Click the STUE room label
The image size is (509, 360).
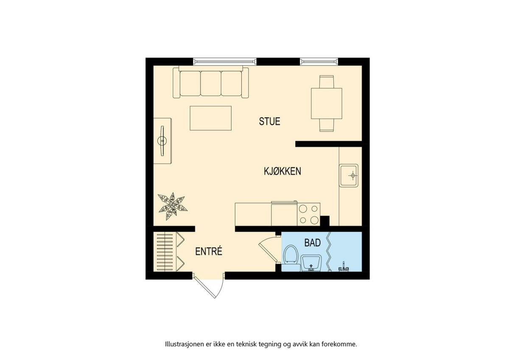coord(269,121)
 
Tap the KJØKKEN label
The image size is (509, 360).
coord(282,171)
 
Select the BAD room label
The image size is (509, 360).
coord(313,243)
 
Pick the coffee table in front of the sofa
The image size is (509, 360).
coord(211,118)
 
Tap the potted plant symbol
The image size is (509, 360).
coord(173,206)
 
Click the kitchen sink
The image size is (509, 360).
coord(349,175)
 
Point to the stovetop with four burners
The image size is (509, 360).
coord(309,214)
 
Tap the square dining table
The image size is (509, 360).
coord(327,104)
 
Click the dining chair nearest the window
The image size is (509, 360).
coord(327,82)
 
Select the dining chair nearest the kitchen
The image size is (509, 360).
coord(327,125)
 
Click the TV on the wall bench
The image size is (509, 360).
coord(162,141)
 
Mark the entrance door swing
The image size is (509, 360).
coord(209,285)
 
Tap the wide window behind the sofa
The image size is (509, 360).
coord(225,62)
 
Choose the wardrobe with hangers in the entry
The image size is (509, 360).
coord(168,251)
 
